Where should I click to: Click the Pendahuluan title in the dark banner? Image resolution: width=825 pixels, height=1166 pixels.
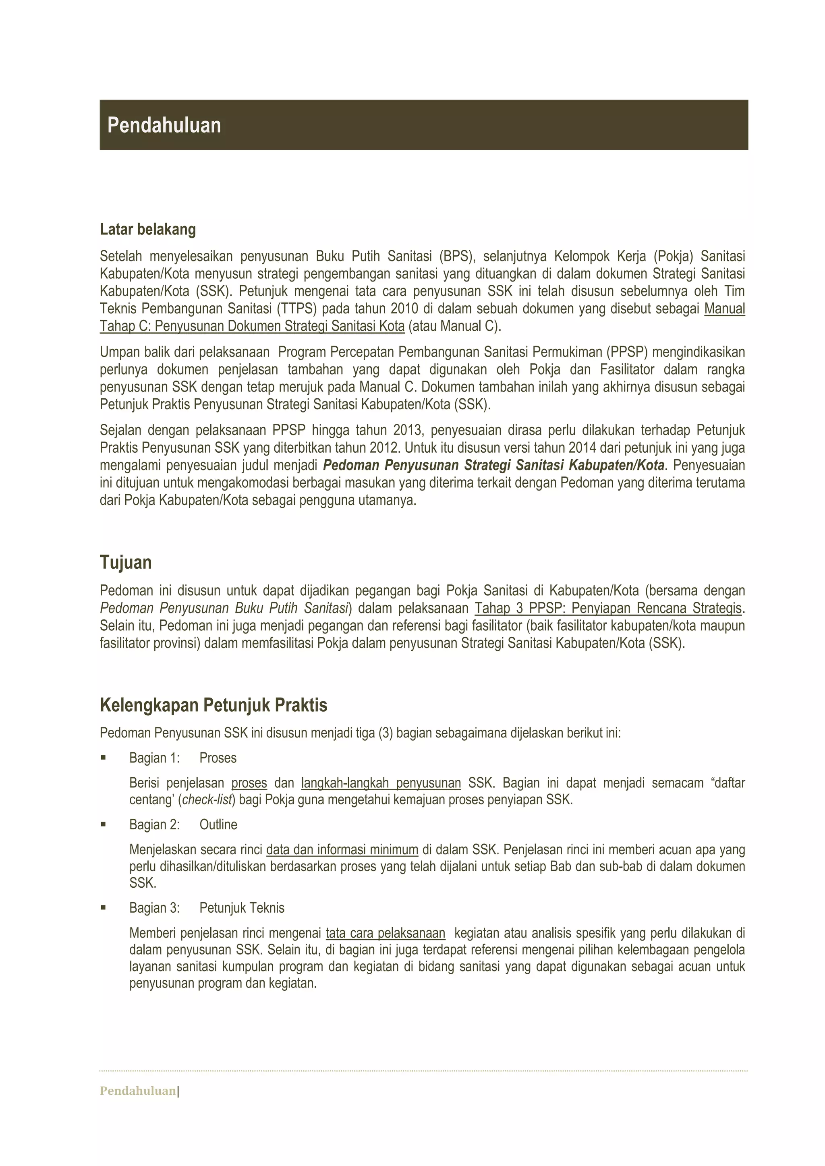[164, 125]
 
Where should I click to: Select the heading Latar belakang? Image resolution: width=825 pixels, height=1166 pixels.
[147, 230]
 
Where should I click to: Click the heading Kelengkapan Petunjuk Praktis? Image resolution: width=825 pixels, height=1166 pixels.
[214, 705]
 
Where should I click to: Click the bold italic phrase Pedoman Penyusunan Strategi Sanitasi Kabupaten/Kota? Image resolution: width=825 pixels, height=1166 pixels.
[493, 465]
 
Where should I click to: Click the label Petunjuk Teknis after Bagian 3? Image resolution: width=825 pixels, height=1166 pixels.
[242, 907]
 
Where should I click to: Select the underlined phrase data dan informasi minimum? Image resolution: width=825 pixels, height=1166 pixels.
[342, 849]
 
